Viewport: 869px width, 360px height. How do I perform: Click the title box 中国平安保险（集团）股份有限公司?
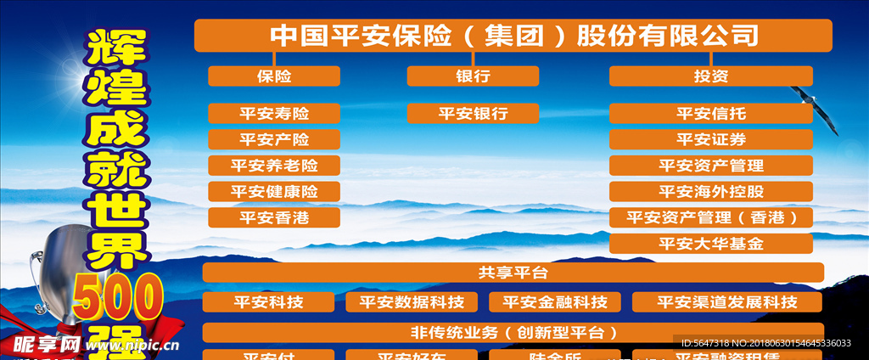513,36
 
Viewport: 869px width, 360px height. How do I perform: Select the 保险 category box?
274,76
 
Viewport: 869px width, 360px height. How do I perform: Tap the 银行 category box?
473,76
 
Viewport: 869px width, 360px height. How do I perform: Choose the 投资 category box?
710,76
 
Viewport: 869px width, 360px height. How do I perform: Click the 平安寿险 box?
274,113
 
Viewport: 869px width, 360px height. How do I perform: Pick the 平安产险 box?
274,139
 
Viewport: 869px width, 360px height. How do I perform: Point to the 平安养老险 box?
274,166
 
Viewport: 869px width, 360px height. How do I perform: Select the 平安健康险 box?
274,192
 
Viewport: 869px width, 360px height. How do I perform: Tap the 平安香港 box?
274,217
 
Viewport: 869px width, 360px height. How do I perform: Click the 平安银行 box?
473,113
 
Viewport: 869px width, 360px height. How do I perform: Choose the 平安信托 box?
710,113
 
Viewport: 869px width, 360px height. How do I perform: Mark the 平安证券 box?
710,139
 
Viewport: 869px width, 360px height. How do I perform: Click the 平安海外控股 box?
710,191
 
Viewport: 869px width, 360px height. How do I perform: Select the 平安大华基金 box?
710,244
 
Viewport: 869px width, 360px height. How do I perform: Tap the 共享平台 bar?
513,273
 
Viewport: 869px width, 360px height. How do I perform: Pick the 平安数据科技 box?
412,301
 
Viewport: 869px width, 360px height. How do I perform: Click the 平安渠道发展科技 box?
727,301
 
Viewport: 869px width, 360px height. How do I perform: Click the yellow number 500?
118,297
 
